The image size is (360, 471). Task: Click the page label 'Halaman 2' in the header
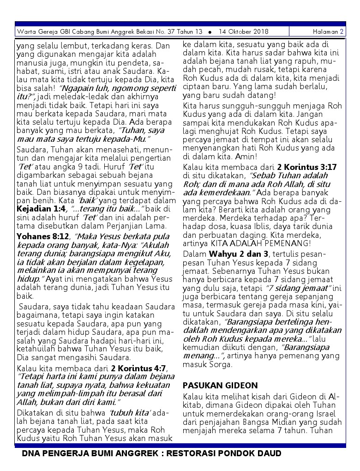pyautogui.click(x=328, y=32)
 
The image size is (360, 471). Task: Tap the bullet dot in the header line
pyautogui.click(x=210, y=32)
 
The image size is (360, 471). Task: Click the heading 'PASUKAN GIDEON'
pyautogui.click(x=220, y=385)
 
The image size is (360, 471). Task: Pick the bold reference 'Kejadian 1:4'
pyautogui.click(x=41, y=209)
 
